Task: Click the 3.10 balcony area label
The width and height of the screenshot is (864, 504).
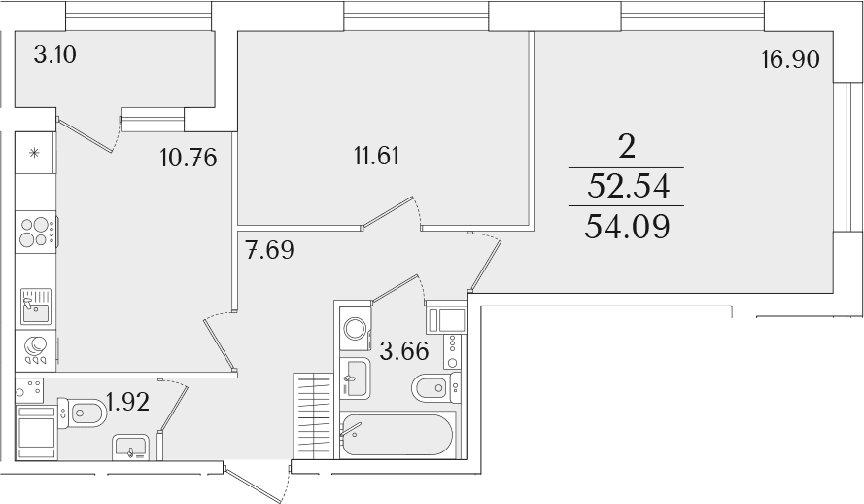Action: point(55,55)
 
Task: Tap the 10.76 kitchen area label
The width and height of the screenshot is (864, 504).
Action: point(189,159)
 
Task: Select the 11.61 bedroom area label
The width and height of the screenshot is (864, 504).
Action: point(377,156)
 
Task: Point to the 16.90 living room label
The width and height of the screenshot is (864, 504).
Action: point(791,59)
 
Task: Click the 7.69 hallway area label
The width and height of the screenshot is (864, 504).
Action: point(270,250)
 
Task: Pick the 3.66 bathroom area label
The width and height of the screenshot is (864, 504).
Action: point(404,350)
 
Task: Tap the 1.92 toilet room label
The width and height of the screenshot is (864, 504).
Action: point(128,402)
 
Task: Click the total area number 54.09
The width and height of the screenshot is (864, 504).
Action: point(627,227)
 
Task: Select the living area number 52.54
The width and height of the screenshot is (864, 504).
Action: point(628,186)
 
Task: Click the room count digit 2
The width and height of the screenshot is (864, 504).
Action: point(627,147)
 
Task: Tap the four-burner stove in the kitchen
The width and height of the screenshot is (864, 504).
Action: point(36,233)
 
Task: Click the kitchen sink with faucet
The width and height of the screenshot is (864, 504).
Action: point(36,306)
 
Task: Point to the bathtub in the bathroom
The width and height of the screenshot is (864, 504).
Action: point(397,435)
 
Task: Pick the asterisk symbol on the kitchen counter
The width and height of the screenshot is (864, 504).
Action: point(34,153)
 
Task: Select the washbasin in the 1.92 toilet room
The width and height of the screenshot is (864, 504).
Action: point(130,447)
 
